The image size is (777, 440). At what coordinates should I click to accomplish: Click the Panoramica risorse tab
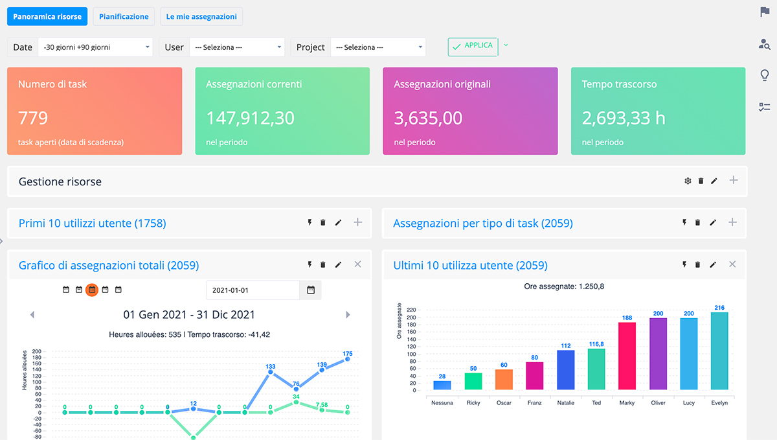47,16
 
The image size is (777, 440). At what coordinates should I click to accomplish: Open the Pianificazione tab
124,16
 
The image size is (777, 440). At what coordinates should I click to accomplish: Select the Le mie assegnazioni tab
201,16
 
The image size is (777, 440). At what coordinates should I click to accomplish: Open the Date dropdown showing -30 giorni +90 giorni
95,47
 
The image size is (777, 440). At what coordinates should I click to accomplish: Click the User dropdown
236,47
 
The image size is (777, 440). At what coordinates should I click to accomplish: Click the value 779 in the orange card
33,118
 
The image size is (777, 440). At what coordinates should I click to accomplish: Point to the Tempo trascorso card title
619,84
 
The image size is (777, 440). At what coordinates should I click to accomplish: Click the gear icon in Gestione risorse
688,181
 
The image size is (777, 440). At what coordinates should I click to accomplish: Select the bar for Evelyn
719,351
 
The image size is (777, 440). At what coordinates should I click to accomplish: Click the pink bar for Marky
627,356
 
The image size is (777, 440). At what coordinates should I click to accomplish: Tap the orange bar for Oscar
504,379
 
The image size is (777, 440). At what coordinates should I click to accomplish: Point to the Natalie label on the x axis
565,402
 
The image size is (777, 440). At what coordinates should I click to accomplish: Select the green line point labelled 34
296,402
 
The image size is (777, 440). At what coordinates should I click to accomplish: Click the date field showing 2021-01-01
253,290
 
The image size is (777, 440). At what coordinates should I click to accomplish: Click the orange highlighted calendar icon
92,290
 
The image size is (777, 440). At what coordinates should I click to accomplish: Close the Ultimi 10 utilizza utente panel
732,264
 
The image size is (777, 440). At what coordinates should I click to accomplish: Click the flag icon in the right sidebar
765,12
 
